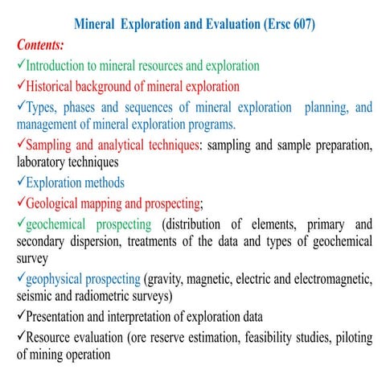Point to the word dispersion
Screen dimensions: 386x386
[x=101, y=242]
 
